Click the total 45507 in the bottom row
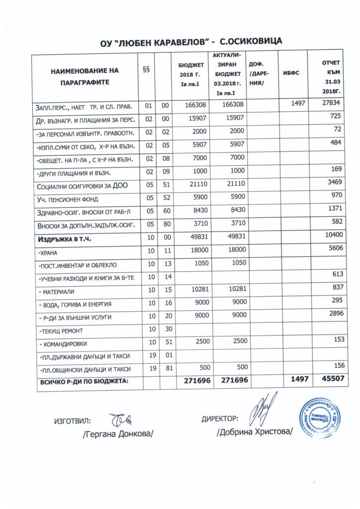pos(329,379)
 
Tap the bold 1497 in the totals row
pos(296,379)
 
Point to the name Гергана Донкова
pos(118,434)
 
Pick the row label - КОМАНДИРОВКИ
pos(62,343)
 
